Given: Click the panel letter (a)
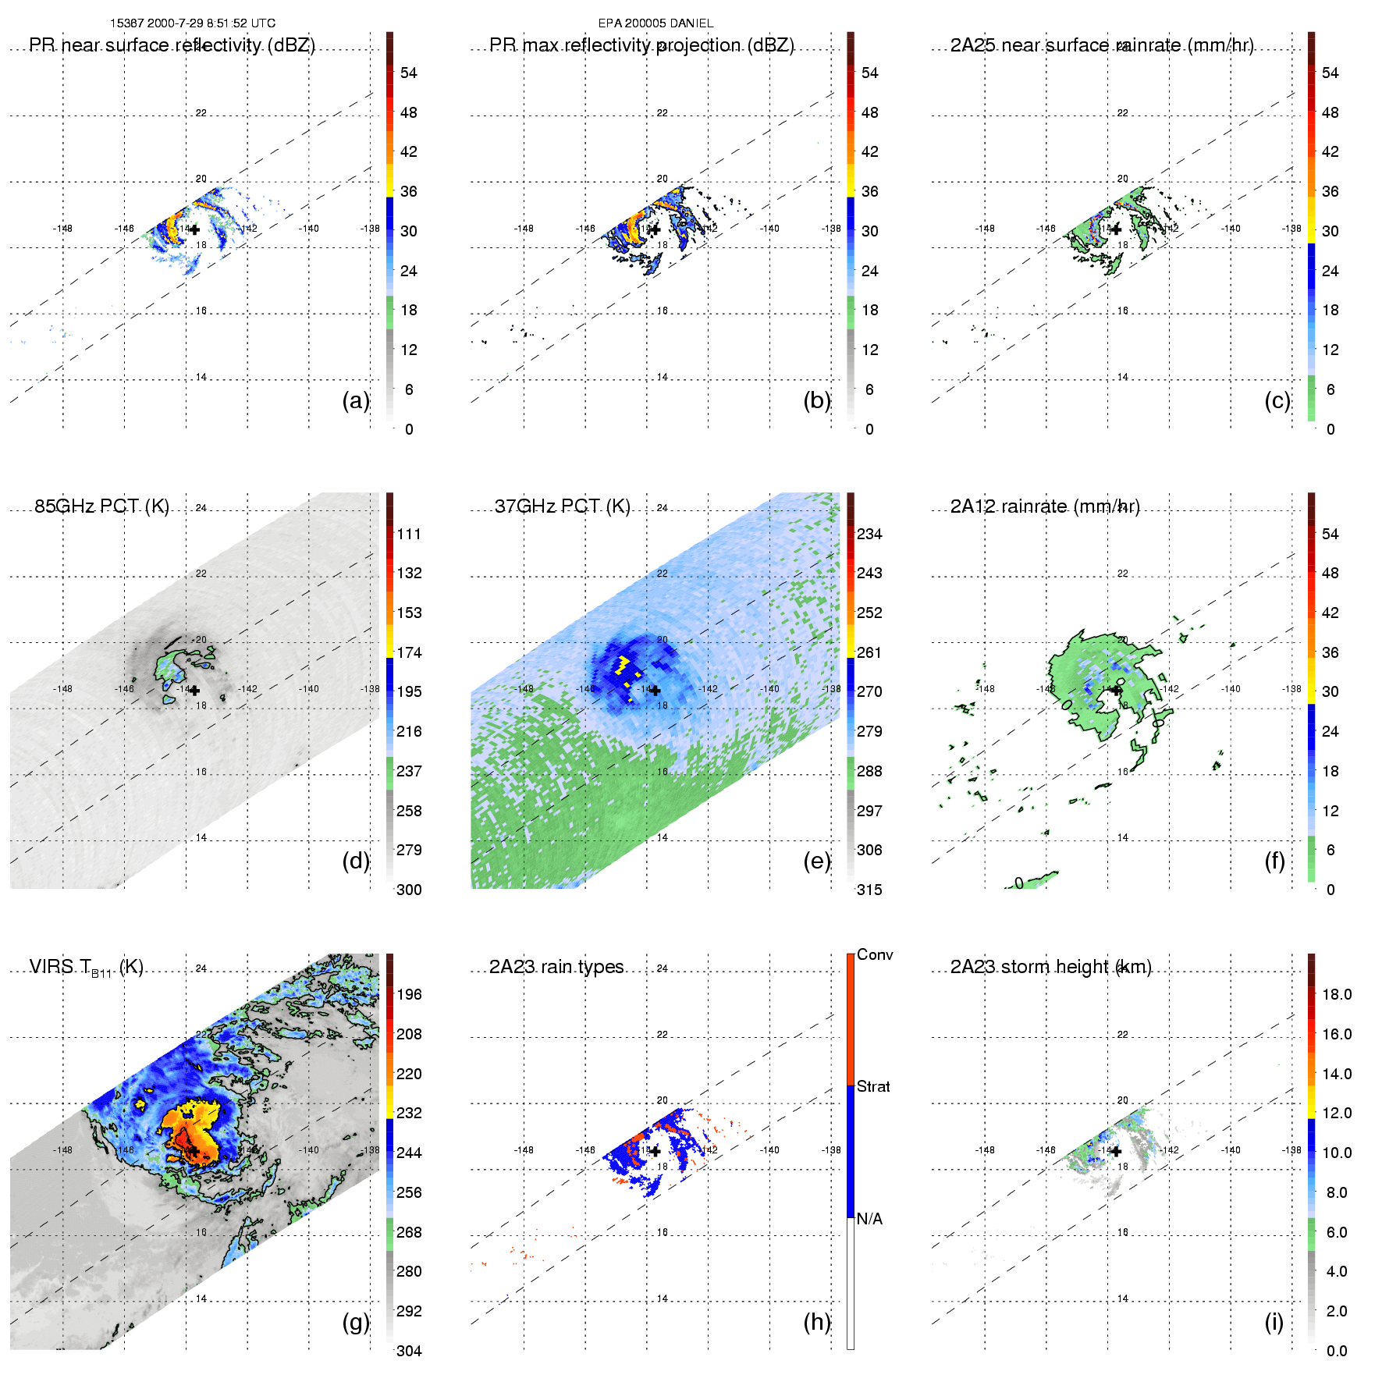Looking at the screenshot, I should coord(355,401).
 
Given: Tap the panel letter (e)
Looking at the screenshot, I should coord(816,862).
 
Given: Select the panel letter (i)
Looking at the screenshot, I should coord(1274,1322).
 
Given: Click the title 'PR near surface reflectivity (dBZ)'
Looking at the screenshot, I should coord(172,45).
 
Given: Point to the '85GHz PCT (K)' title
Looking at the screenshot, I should coord(101,506).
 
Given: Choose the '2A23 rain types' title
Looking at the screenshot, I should coord(556,967).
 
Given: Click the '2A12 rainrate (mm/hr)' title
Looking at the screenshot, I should coord(1045,506).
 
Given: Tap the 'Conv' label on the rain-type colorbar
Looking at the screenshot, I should coord(875,954).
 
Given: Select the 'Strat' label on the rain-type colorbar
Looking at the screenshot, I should coord(873,1086).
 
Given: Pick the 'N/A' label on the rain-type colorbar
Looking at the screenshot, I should coord(869,1219).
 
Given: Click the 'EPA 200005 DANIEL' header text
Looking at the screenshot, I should coord(655,23).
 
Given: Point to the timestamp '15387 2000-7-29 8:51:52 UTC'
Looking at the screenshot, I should coord(193,23).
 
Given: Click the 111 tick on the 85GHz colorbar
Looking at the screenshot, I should coord(409,534).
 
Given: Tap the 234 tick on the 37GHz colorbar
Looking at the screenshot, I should coord(869,534).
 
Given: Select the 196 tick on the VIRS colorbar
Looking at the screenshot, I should coord(409,994).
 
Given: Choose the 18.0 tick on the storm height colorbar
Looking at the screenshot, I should coord(1337,994).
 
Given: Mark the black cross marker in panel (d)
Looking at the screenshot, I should coord(194,690).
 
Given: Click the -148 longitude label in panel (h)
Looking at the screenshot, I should coord(524,1150).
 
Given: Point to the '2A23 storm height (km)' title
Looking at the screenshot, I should coord(1050,967).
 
